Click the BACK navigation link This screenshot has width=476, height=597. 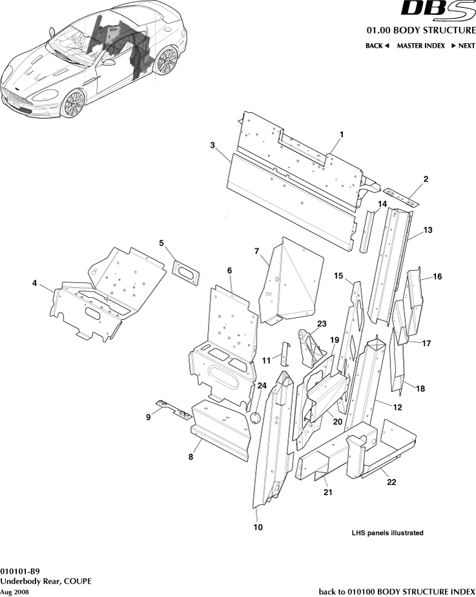[x=377, y=46]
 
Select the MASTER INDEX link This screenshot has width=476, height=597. [x=420, y=46]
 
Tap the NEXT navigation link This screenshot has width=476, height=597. [x=463, y=46]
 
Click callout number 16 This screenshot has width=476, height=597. [x=437, y=277]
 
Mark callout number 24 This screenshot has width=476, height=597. [x=262, y=386]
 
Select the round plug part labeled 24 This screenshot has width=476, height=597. [x=254, y=417]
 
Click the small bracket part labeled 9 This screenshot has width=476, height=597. [x=172, y=408]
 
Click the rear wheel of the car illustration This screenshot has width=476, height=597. [x=166, y=61]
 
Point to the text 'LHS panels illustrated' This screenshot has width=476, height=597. [x=387, y=533]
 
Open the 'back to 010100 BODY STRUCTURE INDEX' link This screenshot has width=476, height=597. [x=397, y=591]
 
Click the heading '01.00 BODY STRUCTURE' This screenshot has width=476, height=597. [x=420, y=30]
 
